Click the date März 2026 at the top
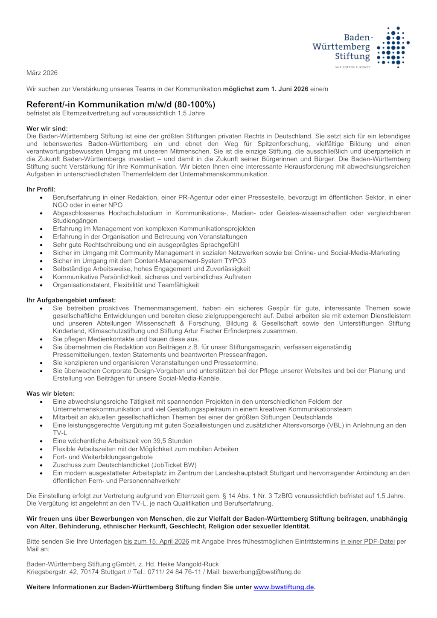pyautogui.click(x=42, y=73)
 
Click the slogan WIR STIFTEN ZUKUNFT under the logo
pyautogui.click(x=353, y=67)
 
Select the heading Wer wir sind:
pyautogui.click(x=47, y=128)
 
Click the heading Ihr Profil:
pyautogui.click(x=41, y=189)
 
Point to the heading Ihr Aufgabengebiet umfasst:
pyautogui.click(x=71, y=300)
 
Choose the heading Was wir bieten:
pyautogui.click(x=50, y=394)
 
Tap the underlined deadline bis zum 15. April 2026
pyautogui.click(x=156, y=542)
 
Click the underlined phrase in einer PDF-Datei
pyautogui.click(x=367, y=542)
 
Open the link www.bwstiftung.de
pyautogui.click(x=283, y=587)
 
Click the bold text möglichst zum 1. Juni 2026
pyautogui.click(x=265, y=89)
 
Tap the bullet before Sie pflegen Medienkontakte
pyautogui.click(x=41, y=339)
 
